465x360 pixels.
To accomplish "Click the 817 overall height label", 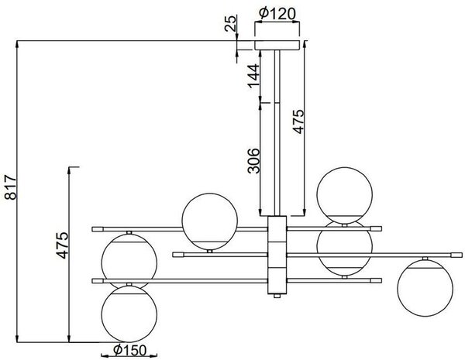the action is coord(12,187).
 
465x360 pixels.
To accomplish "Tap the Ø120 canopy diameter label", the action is coord(277,13).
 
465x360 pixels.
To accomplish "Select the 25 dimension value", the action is coord(231,23).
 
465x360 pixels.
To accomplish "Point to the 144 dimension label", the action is coord(253,76).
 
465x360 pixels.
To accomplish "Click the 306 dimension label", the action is coord(253,161).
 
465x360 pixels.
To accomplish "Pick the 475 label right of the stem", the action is coord(298,122).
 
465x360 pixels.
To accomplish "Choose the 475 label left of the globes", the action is coord(63,245).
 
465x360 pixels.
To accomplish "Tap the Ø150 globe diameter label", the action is coord(130,351).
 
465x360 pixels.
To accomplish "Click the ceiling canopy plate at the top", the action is coord(277,45).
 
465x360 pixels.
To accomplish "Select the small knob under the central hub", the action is coord(277,296).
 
